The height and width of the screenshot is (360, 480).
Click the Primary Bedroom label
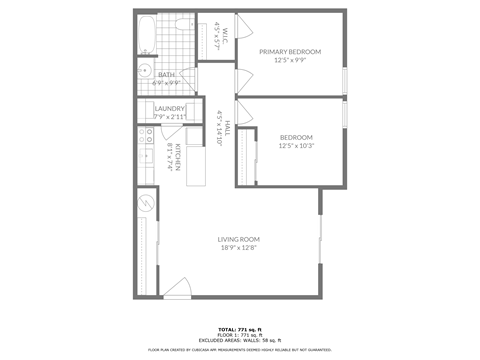pyautogui.click(x=290, y=51)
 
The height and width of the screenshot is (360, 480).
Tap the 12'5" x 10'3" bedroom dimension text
pyautogui.click(x=296, y=146)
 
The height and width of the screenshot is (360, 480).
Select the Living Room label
pyautogui.click(x=239, y=239)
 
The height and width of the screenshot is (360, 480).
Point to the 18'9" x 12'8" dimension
pyautogui.click(x=239, y=248)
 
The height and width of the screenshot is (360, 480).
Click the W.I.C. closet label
pyautogui.click(x=225, y=31)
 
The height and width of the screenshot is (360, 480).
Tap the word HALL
pyautogui.click(x=228, y=128)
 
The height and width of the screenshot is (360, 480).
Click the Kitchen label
pyautogui.click(x=178, y=156)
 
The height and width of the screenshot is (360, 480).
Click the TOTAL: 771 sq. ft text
pyautogui.click(x=239, y=328)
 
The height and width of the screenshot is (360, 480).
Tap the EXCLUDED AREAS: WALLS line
pyautogui.click(x=239, y=341)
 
